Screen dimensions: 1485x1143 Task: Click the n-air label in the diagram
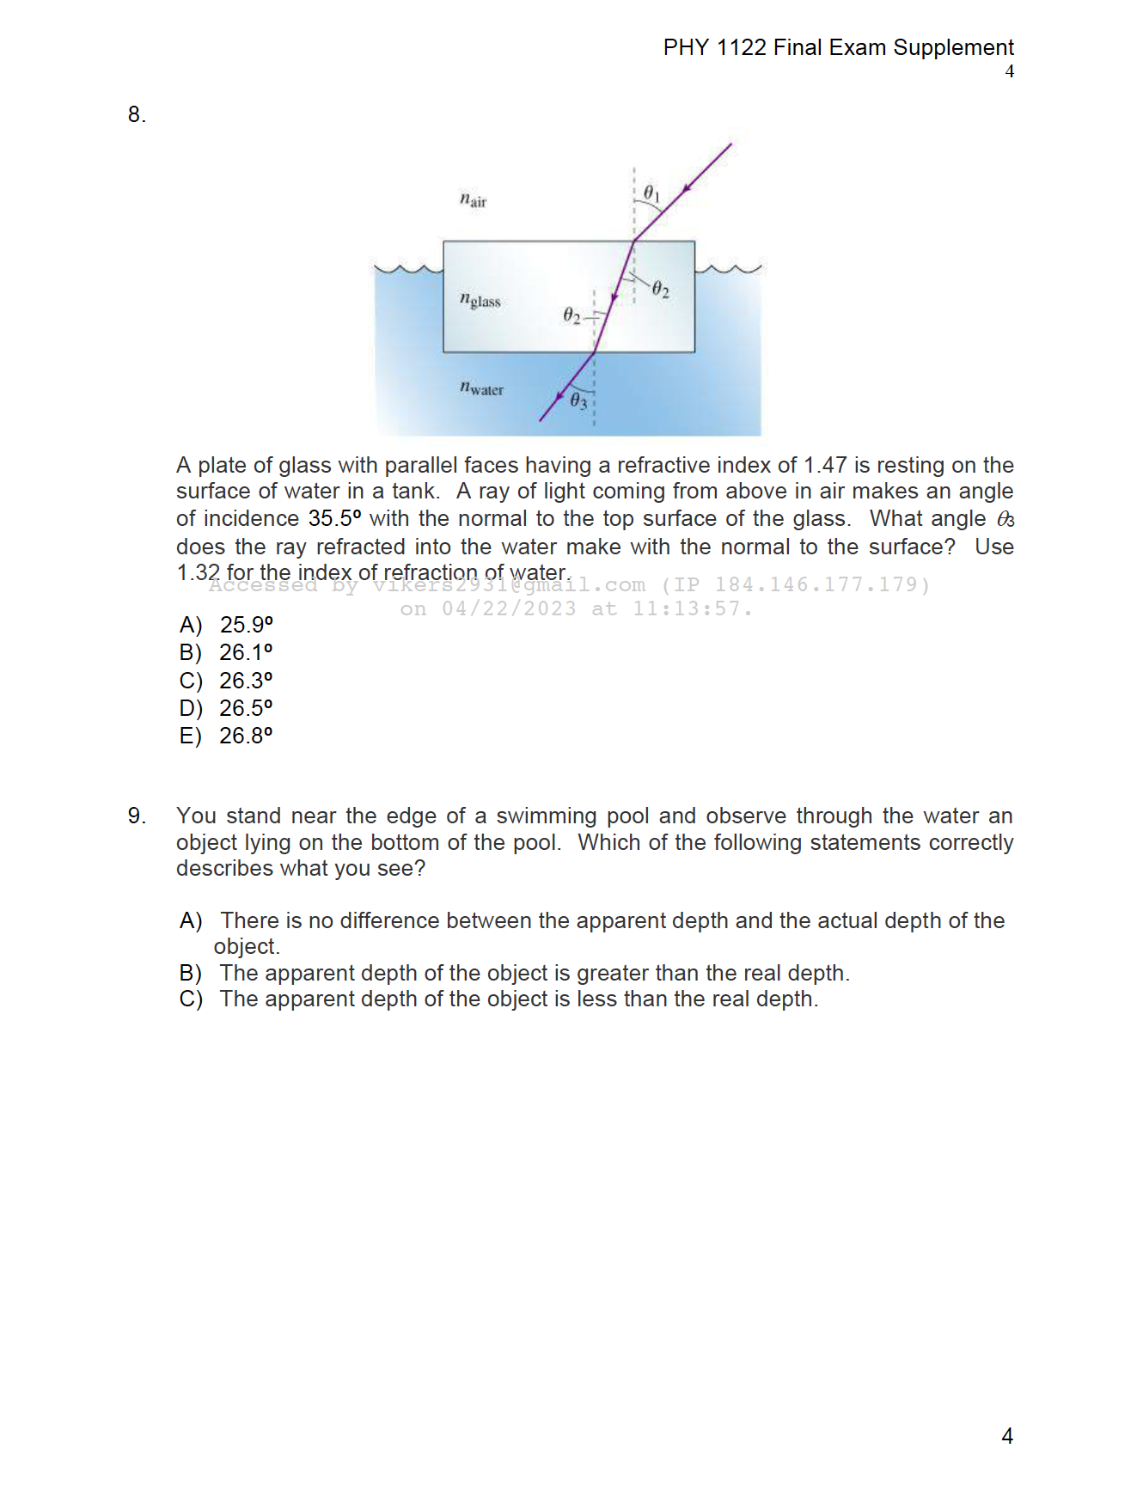pos(473,200)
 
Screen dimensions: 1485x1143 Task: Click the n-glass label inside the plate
pos(480,300)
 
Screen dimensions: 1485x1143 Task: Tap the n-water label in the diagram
pos(481,388)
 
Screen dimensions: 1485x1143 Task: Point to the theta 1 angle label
pos(651,192)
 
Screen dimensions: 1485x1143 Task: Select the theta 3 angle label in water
pos(578,400)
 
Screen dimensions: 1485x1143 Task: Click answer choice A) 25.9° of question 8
pos(227,625)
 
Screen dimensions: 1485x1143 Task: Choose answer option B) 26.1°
pos(227,652)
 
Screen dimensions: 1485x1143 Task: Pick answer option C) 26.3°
pos(227,681)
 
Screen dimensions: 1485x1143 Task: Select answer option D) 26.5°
pos(227,708)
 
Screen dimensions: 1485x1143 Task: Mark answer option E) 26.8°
pos(227,736)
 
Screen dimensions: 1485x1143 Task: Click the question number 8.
pos(137,114)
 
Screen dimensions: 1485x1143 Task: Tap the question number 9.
pos(137,816)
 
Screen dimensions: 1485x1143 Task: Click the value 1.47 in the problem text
pos(825,465)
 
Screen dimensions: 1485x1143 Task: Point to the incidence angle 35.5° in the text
pos(334,519)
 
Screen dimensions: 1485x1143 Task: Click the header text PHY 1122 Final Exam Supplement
pos(838,47)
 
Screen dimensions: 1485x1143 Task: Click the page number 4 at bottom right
pos(1007,1436)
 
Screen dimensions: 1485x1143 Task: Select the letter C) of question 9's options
pos(191,999)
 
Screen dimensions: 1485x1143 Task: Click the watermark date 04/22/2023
pos(509,609)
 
